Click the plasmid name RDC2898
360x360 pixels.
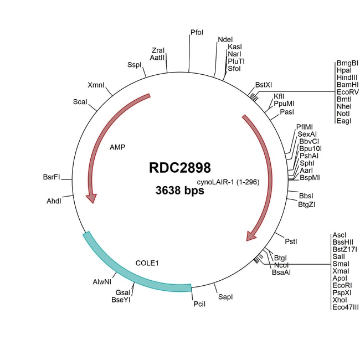click(x=180, y=168)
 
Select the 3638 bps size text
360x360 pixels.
click(x=180, y=191)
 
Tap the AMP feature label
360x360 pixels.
click(x=117, y=147)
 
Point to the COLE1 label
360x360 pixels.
click(x=147, y=263)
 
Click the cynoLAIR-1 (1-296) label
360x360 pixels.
click(x=228, y=182)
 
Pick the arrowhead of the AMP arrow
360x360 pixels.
click(x=91, y=198)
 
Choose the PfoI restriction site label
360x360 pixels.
click(x=197, y=33)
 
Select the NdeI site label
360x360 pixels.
click(x=225, y=40)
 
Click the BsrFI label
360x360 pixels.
click(x=52, y=177)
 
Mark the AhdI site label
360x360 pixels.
click(x=54, y=201)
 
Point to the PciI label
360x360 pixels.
click(x=199, y=304)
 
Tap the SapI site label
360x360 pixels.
click(x=225, y=297)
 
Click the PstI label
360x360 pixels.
click(x=291, y=241)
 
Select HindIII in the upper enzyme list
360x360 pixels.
click(x=347, y=78)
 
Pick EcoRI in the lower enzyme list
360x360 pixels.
click(x=342, y=286)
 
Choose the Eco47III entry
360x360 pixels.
click(x=346, y=307)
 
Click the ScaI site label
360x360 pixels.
click(x=80, y=102)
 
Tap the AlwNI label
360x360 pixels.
click(x=102, y=282)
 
